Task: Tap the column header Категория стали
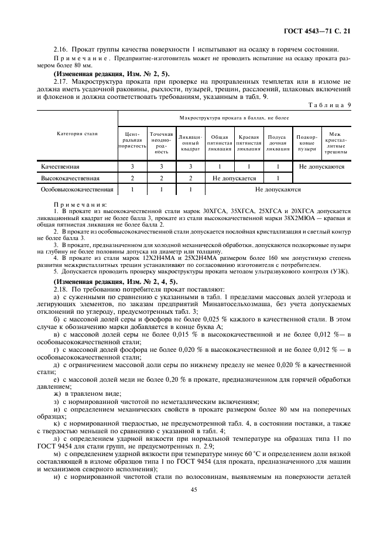77,133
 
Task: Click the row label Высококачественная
70,178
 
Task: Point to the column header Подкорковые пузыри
306,142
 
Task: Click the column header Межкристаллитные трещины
335,142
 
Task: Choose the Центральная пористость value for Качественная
133,167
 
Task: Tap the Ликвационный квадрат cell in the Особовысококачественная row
190,190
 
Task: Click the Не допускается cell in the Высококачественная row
234,178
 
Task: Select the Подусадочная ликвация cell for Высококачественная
278,178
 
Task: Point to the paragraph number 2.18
60,289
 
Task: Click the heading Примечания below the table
76,203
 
